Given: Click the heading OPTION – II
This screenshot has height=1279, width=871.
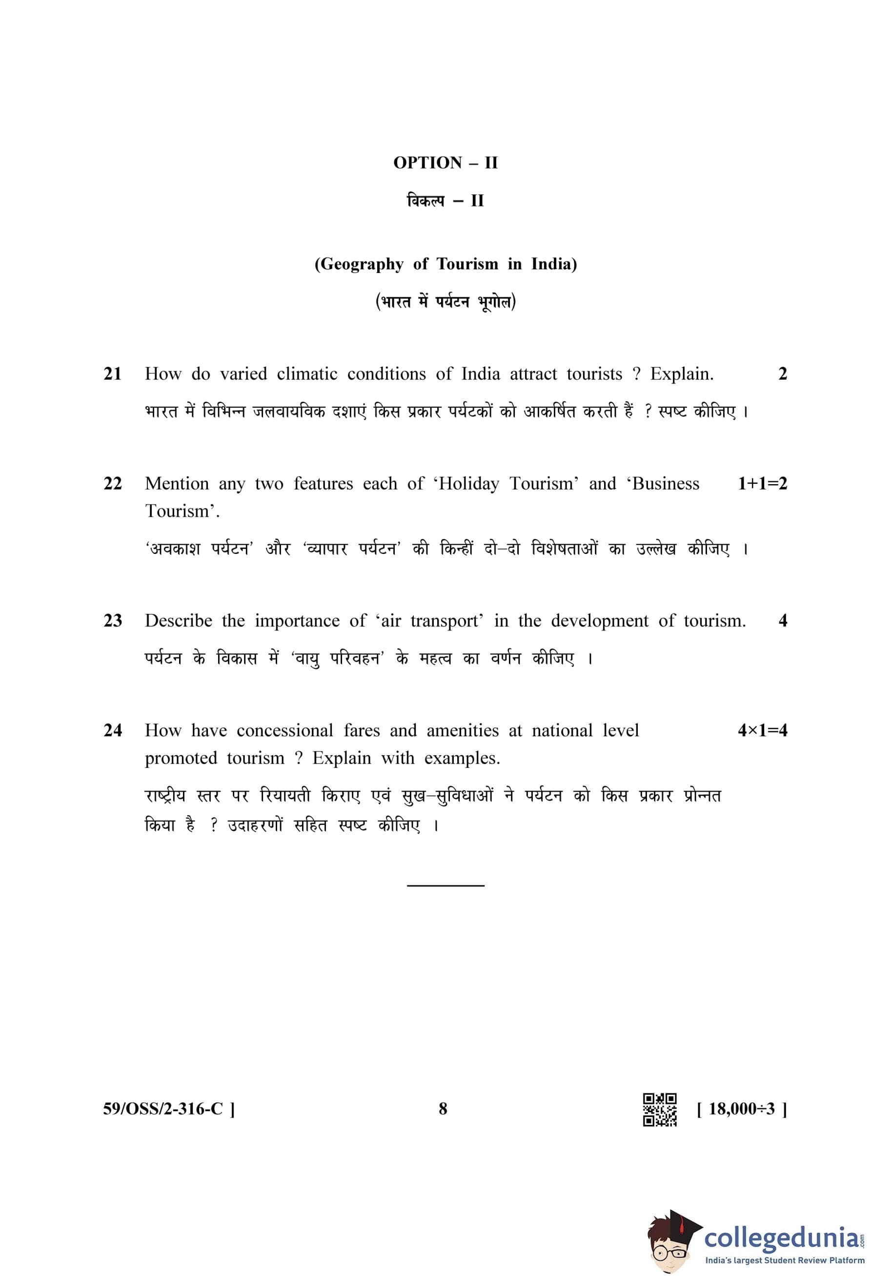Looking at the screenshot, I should [445, 163].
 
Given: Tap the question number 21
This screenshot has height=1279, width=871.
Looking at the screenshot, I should [113, 374].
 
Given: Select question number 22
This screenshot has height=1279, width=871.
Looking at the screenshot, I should [113, 483].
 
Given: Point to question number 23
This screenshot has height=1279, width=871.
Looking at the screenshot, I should [113, 620].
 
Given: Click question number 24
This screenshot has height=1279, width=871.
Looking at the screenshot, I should [113, 730].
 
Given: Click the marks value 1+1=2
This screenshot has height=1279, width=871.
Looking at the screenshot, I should [762, 483].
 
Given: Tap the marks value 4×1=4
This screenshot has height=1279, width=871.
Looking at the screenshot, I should [762, 730].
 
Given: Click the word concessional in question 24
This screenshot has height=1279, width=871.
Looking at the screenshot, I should [285, 730].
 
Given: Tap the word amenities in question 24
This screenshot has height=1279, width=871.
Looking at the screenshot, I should [463, 730].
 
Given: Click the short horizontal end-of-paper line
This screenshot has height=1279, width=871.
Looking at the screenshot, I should [446, 885].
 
